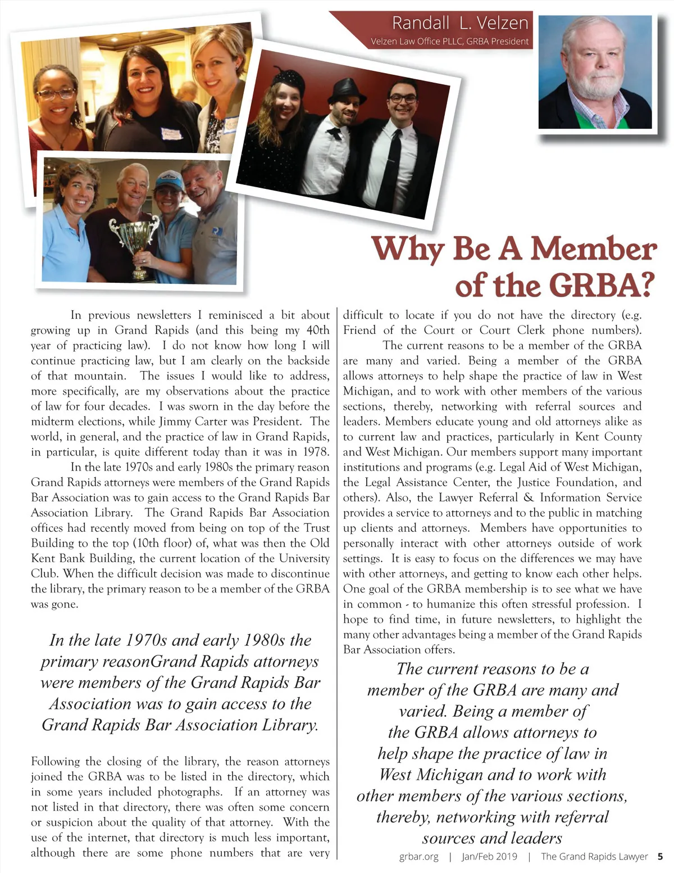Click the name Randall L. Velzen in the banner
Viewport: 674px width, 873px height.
tap(460, 23)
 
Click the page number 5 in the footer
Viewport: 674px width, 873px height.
tap(660, 857)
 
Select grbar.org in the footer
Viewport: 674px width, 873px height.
tap(418, 857)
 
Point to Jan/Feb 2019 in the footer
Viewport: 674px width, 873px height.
tap(489, 857)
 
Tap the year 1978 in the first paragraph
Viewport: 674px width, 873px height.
tap(316, 452)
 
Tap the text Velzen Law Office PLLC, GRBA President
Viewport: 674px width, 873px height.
tap(449, 41)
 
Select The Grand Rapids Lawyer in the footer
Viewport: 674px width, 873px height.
tap(594, 857)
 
